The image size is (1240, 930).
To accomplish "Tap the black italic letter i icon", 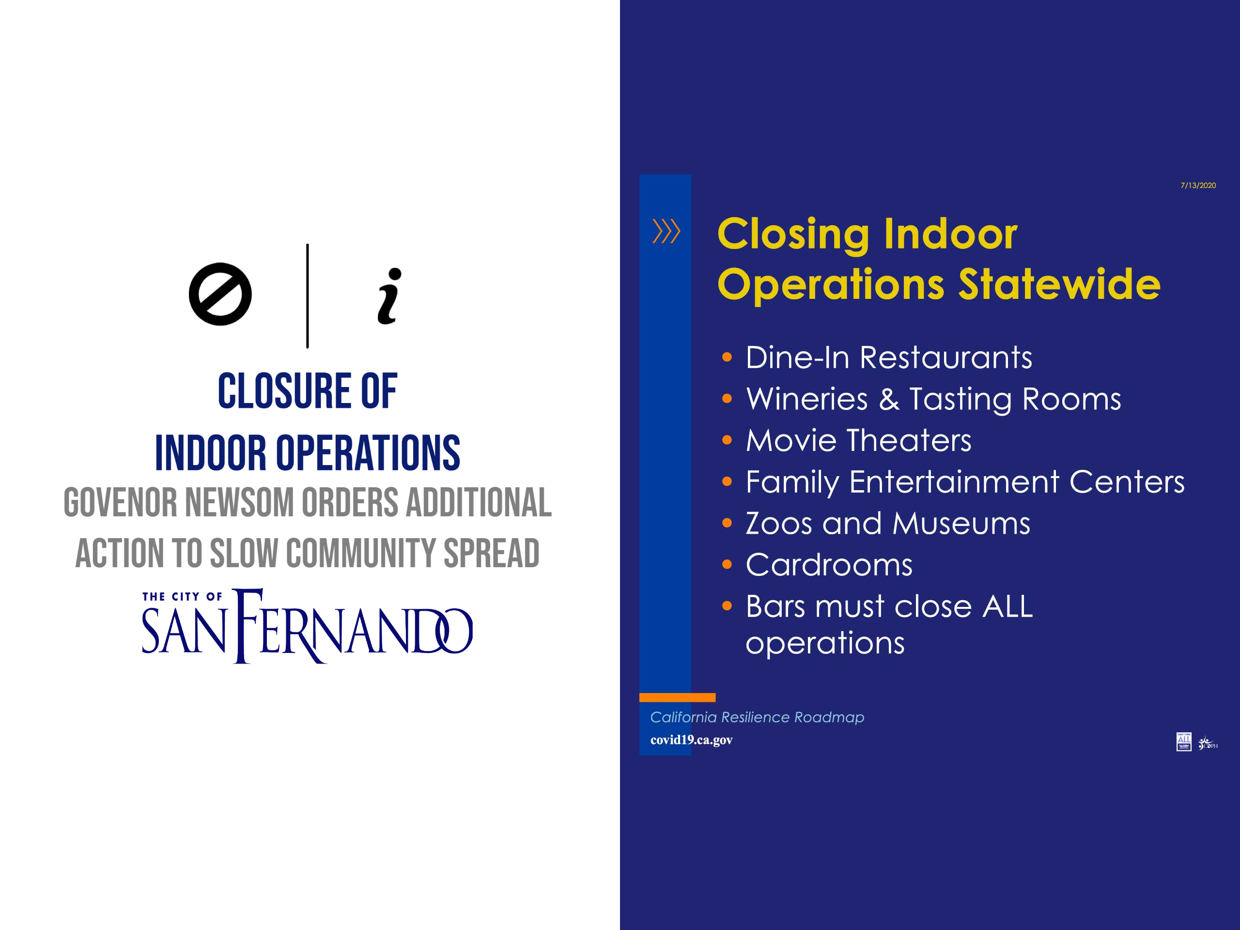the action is click(x=389, y=296).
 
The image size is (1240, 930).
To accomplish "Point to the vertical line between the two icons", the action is click(x=307, y=296).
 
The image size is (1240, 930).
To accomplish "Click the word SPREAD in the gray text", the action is click(x=492, y=553).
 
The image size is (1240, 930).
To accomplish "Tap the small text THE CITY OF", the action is click(x=182, y=596).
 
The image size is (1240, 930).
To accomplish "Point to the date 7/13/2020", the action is click(x=1198, y=185).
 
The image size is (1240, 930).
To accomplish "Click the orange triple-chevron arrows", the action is click(x=666, y=231).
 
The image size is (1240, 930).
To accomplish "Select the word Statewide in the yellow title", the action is click(x=1059, y=284).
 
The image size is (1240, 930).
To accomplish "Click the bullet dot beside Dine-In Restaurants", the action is click(x=727, y=357).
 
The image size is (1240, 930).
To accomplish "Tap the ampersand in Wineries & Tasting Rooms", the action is click(x=889, y=399).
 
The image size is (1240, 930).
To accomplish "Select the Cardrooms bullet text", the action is click(x=829, y=564).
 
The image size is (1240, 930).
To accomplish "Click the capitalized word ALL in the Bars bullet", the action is click(x=1007, y=606).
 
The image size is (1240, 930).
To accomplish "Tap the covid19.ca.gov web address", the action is click(x=691, y=740).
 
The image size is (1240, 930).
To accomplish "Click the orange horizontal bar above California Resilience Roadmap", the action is click(x=677, y=697).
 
